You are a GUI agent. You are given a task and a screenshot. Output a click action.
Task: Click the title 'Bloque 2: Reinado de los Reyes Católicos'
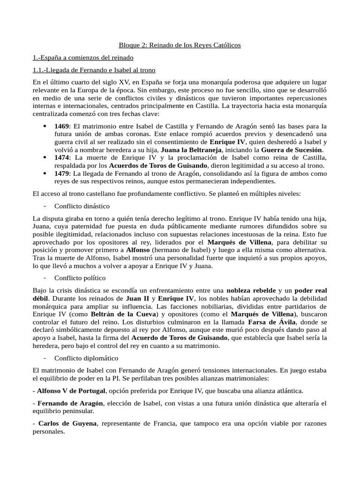point(180,45)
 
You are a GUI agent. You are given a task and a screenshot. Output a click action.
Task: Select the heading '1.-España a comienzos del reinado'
point(83,58)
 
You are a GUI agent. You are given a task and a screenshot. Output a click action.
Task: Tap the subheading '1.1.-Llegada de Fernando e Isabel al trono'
point(94,70)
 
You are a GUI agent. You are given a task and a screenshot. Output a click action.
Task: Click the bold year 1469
point(62,127)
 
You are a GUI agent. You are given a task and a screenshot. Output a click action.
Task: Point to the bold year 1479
point(62,173)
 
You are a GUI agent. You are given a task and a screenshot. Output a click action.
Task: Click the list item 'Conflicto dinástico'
point(82,206)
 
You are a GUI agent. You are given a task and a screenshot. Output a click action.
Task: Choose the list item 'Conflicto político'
point(80,278)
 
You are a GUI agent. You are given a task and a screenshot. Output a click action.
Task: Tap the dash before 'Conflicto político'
point(44,278)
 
